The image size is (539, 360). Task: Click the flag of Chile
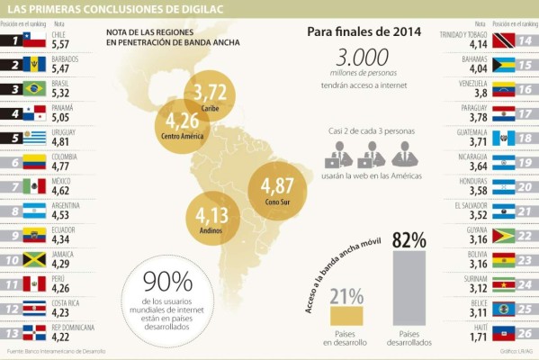tap(33, 40)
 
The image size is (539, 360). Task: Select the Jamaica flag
tap(33, 260)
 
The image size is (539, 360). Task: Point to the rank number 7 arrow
tap(12, 187)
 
